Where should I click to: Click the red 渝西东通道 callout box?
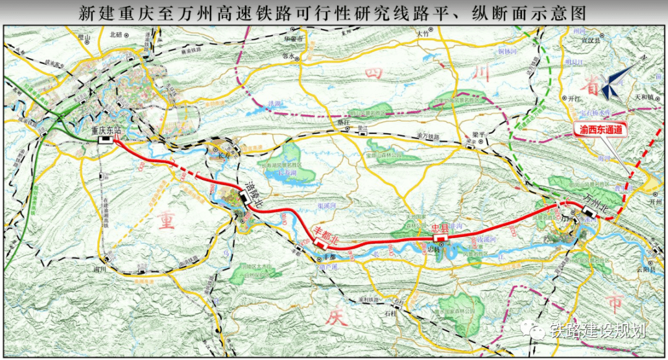tap(601, 131)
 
